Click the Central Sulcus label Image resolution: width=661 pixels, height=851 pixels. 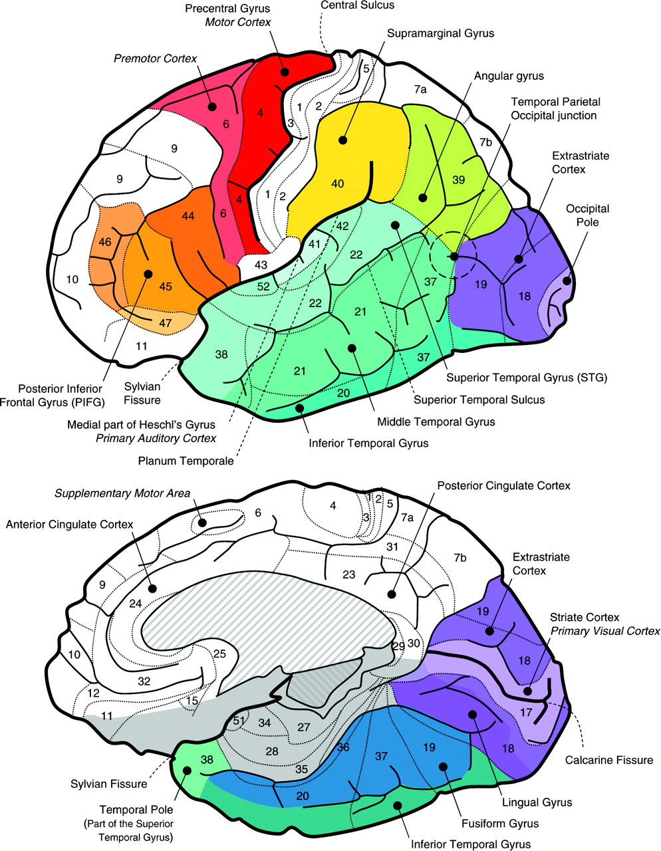click(x=357, y=5)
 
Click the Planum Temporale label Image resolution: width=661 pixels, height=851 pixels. click(x=186, y=460)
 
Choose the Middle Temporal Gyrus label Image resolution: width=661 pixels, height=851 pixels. click(x=436, y=422)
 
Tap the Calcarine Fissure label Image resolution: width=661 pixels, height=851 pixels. click(x=609, y=760)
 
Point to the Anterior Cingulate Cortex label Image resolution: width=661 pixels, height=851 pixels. click(x=69, y=525)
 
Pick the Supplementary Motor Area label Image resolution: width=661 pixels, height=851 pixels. click(x=122, y=493)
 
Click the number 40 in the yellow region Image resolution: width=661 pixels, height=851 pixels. click(x=338, y=183)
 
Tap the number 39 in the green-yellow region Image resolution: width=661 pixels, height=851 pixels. click(x=458, y=180)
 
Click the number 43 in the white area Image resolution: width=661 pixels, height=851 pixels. click(x=260, y=265)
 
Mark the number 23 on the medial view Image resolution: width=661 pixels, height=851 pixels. click(x=348, y=574)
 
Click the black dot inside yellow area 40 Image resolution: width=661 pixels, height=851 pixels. click(x=343, y=140)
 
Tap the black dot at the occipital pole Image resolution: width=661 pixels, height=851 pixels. click(x=567, y=281)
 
